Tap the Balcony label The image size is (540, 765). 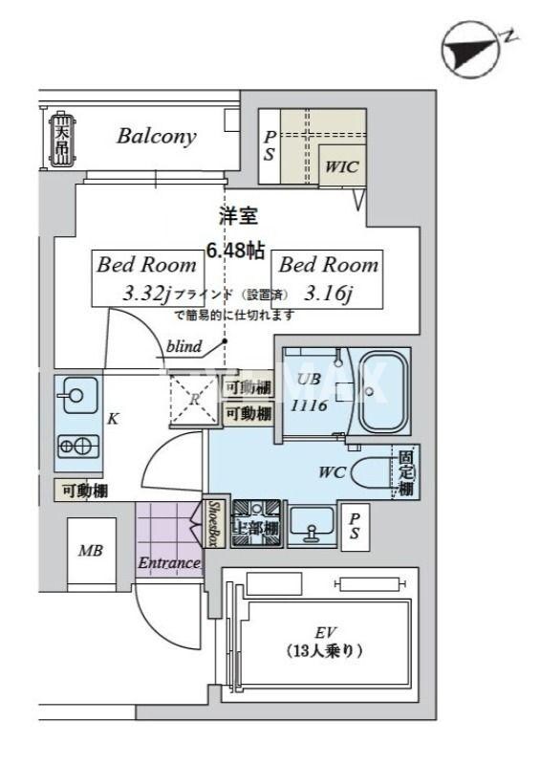(x=156, y=136)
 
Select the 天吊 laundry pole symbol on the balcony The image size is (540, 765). (x=61, y=140)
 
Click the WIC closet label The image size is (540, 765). (x=341, y=166)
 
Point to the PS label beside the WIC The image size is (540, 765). (x=270, y=145)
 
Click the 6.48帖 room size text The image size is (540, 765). (x=235, y=251)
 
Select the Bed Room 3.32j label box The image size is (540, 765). (x=144, y=278)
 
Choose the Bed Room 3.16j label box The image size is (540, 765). (x=328, y=278)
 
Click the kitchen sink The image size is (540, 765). (x=75, y=395)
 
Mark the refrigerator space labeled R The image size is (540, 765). (x=194, y=401)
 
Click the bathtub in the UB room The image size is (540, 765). (x=385, y=393)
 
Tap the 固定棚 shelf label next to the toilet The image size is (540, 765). (x=406, y=473)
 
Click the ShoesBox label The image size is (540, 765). (x=215, y=525)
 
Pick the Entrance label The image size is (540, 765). (x=168, y=563)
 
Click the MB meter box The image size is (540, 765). (x=91, y=552)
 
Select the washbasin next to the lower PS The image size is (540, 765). (x=311, y=525)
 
